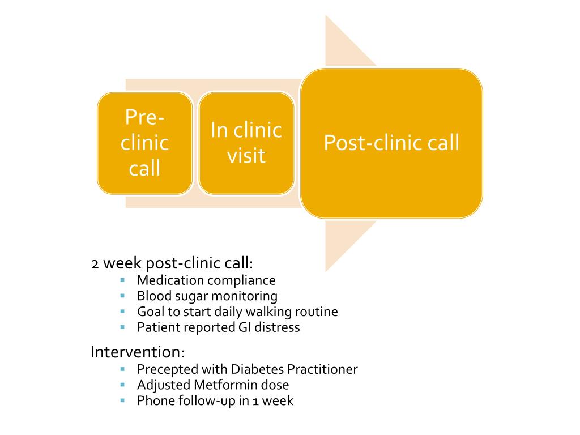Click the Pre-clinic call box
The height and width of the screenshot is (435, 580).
tap(144, 143)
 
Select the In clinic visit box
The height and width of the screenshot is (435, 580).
tap(246, 143)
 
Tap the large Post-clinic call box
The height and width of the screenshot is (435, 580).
tap(391, 143)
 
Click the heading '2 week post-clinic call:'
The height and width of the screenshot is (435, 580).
tap(172, 264)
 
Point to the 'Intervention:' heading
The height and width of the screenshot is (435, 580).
tap(138, 352)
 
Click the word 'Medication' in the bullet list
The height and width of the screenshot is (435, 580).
tap(170, 280)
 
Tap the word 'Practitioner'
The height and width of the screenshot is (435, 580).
tap(322, 369)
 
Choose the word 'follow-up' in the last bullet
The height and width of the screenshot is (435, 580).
tap(200, 400)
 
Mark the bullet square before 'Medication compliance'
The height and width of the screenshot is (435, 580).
tap(122, 280)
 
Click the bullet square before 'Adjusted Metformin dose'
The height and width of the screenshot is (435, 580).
tap(122, 385)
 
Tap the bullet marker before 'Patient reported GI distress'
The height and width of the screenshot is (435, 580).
tap(122, 327)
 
